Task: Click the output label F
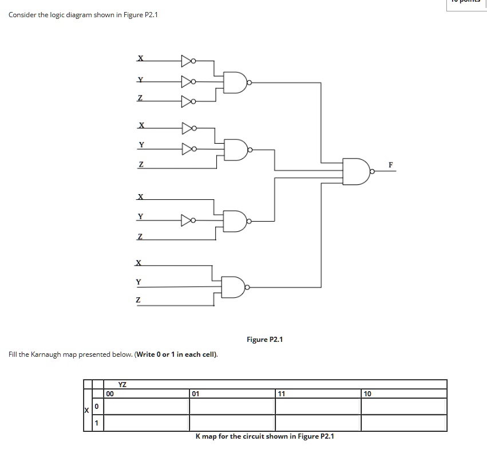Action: coord(390,164)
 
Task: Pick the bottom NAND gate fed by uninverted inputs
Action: coord(236,286)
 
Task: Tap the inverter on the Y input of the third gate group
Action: coord(188,219)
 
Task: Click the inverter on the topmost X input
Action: coord(188,60)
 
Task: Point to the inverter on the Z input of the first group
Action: coord(188,101)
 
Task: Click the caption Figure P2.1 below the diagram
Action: coord(264,340)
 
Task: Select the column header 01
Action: coord(196,393)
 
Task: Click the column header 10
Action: coord(367,393)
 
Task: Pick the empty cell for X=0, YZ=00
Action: coord(147,406)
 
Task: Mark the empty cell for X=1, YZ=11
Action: coord(318,423)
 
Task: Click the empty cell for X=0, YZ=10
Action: coord(403,406)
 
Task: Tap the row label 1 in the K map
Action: coord(97,423)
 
